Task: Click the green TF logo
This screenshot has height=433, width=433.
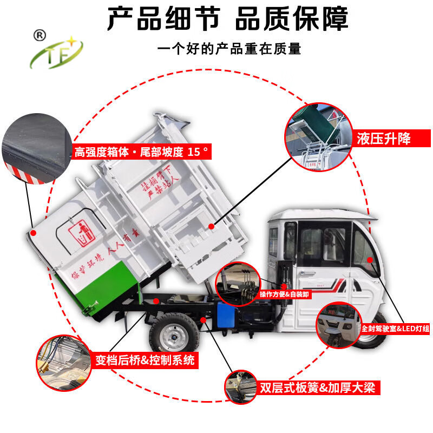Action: tap(56, 55)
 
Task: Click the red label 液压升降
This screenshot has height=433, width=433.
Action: tap(383, 139)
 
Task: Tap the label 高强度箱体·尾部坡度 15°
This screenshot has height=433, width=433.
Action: tap(141, 152)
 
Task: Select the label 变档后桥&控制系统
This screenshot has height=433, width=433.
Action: tap(145, 359)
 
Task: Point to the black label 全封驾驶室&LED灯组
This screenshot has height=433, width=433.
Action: tap(395, 328)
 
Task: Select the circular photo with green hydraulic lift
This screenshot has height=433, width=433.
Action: tap(319, 136)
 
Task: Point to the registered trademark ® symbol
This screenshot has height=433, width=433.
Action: tap(39, 34)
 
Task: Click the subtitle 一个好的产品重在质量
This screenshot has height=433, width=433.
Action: tap(228, 49)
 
